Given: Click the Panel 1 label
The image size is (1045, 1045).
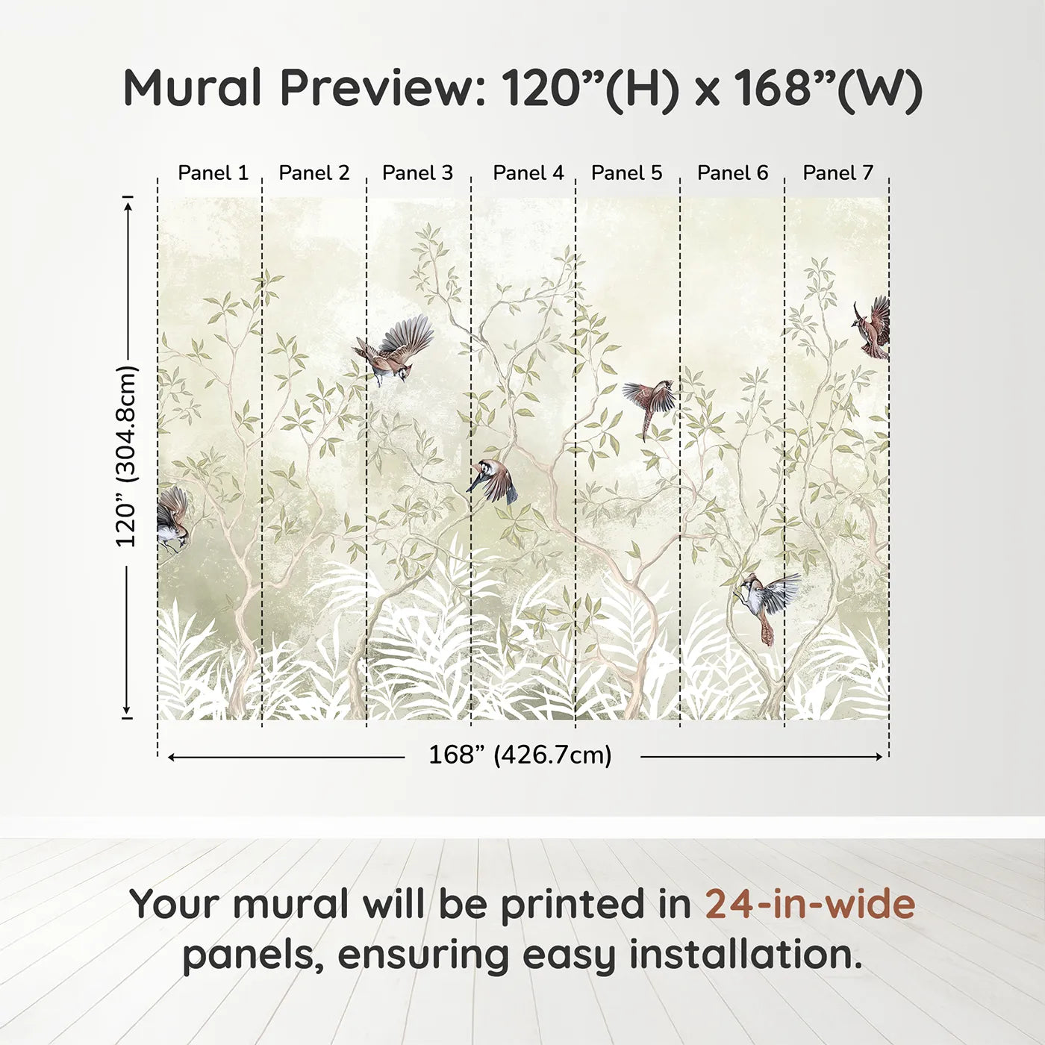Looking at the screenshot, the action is [213, 173].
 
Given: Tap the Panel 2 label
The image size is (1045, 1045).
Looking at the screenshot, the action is [314, 173].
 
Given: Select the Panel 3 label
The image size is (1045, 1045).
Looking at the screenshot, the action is [417, 173].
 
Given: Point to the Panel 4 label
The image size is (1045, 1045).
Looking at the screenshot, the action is [528, 173].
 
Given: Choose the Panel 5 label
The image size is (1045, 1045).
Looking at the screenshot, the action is [626, 173].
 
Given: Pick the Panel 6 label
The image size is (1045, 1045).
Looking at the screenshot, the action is [733, 173].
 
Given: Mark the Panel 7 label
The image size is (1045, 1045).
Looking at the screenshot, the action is [837, 173].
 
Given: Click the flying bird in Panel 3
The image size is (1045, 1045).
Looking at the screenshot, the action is [395, 350].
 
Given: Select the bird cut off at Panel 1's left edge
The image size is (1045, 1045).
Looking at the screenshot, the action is [172, 518].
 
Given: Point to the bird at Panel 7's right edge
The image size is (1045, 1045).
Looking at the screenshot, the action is [873, 328].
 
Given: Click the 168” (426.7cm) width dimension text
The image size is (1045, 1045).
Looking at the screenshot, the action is [520, 755].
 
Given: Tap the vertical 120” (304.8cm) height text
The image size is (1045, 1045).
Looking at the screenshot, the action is [126, 456].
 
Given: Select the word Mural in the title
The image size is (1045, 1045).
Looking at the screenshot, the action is [193, 87].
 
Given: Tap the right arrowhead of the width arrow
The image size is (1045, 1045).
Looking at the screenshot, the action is [879, 757].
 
